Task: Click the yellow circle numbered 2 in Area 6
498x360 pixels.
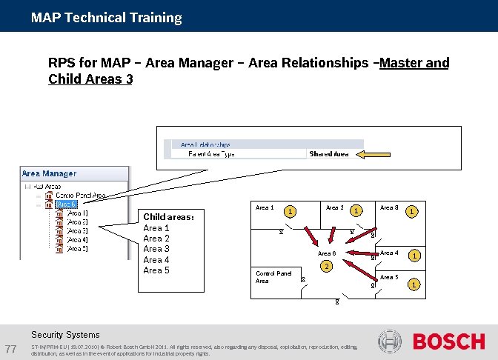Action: click(x=325, y=267)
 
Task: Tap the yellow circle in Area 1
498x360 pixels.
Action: click(x=291, y=212)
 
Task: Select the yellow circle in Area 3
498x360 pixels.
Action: click(x=410, y=212)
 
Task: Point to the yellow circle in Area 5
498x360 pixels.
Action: click(x=414, y=284)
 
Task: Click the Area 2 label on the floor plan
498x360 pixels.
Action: click(x=334, y=207)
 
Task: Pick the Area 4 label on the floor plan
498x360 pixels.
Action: click(x=389, y=253)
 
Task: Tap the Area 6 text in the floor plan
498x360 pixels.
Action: click(x=327, y=253)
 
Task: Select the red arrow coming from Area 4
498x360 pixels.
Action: click(x=363, y=257)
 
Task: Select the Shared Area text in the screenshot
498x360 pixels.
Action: click(x=328, y=154)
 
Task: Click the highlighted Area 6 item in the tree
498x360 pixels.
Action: click(x=66, y=204)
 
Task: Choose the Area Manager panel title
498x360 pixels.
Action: click(x=49, y=173)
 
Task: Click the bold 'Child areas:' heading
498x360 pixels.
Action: click(x=168, y=217)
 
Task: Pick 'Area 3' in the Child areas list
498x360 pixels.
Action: click(x=156, y=249)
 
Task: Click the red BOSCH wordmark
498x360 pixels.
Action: click(x=448, y=341)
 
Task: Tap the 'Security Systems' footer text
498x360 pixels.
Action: click(x=65, y=335)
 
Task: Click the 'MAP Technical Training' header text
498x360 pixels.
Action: click(x=106, y=17)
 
